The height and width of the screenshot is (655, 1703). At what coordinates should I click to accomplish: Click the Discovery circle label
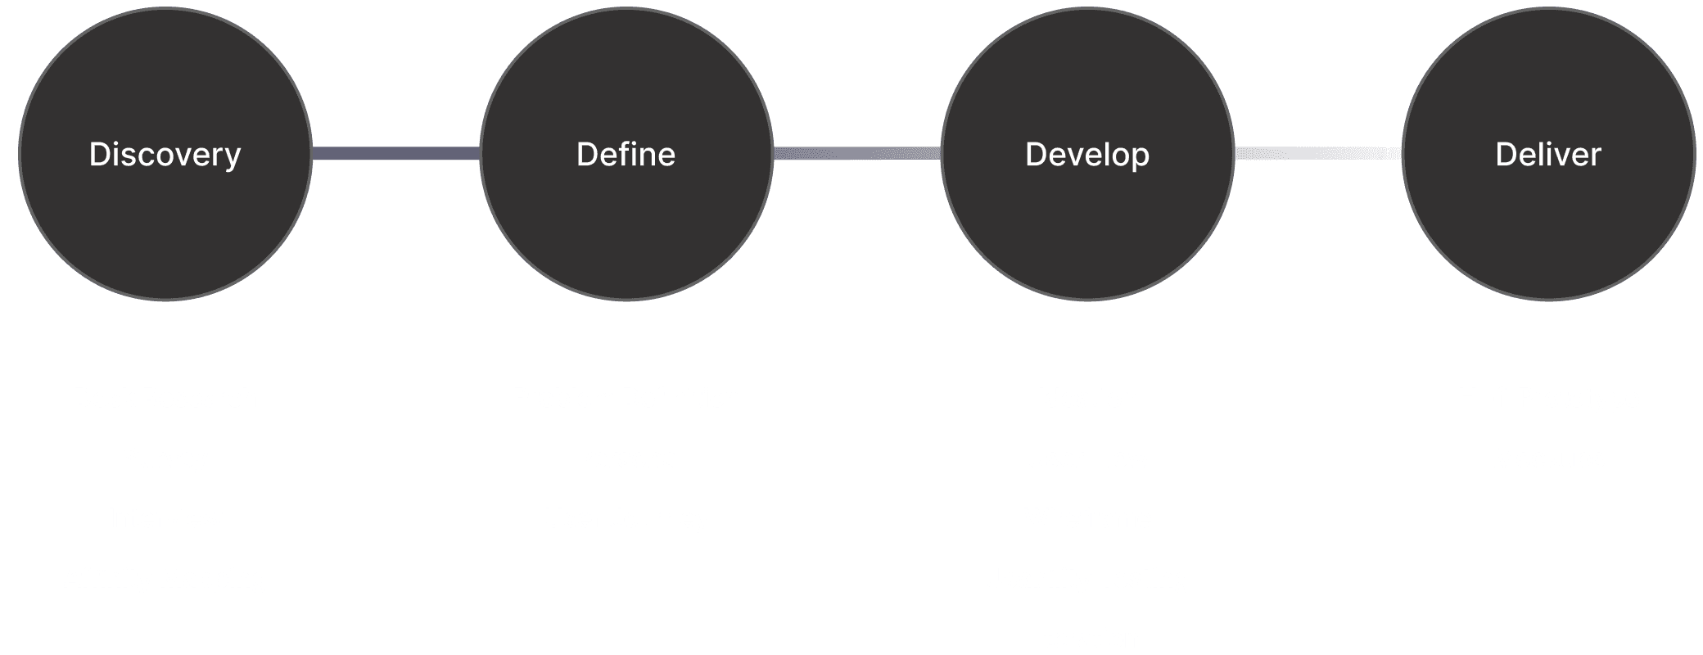(x=165, y=155)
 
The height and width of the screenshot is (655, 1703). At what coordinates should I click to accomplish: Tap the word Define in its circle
(x=626, y=155)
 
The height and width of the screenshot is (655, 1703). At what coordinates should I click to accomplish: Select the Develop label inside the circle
(x=1087, y=155)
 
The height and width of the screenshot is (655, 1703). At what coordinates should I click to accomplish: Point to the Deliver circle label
(x=1548, y=155)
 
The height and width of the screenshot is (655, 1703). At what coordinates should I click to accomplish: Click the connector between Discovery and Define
(x=395, y=154)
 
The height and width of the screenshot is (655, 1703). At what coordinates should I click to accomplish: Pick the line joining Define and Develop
(x=856, y=154)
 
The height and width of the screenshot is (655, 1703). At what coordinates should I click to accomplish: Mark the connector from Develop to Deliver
(x=1317, y=154)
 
